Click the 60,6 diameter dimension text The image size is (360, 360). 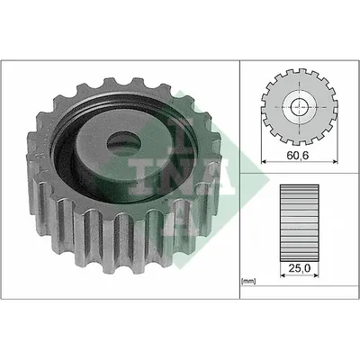(x=298, y=155)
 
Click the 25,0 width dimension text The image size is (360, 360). (x=300, y=268)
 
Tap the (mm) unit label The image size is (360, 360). (x=248, y=282)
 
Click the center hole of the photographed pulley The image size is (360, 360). (x=124, y=145)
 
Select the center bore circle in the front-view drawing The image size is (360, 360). (x=300, y=107)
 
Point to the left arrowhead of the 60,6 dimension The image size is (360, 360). (x=264, y=162)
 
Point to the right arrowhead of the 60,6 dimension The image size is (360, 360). (x=336, y=162)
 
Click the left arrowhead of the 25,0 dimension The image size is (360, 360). (x=283, y=275)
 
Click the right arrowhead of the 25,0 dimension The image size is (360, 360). (x=316, y=275)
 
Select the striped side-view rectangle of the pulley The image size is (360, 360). (x=300, y=223)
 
